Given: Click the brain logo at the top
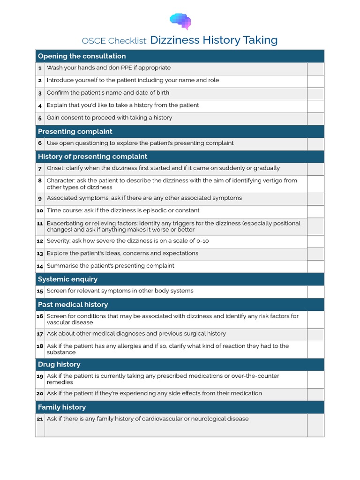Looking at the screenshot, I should pos(180,21).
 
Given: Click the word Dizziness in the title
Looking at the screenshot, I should pos(175,40).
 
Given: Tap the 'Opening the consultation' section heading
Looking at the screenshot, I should pos(82,56).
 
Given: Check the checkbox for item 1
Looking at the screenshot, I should pos(315,68).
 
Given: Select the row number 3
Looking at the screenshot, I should pos(40,93).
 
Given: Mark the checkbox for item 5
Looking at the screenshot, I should pos(315,118).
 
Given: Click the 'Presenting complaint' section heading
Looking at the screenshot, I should pos(75,131).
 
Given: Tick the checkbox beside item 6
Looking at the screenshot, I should pos(315,143).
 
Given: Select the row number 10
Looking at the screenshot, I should pos(40,211).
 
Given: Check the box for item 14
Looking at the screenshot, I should pos(315,266).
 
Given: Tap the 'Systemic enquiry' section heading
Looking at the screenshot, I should pos(67,279).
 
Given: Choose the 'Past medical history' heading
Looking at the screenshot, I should pos(73,305).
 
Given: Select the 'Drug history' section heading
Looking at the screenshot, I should pos(59,365).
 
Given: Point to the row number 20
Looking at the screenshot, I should pos(40,394).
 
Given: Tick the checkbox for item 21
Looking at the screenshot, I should pos(315,425).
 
